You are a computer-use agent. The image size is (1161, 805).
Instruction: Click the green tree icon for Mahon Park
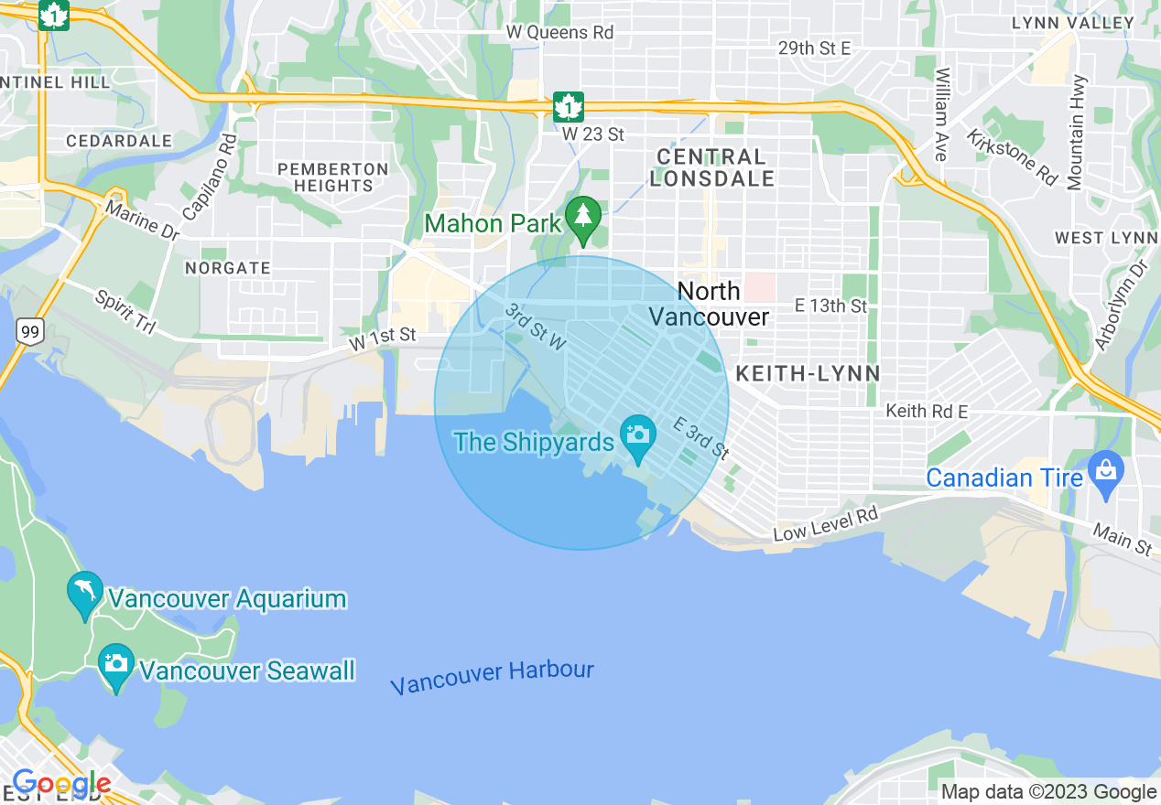[x=582, y=218]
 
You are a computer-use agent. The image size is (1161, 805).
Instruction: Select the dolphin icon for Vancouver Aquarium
[x=85, y=592]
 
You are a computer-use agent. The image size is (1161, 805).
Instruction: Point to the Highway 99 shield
[x=30, y=333]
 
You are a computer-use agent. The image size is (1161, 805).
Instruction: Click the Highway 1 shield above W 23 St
[x=569, y=106]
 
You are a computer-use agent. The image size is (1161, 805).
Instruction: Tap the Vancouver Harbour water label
[x=492, y=678]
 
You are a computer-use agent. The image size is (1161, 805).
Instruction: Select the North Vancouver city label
[x=710, y=304]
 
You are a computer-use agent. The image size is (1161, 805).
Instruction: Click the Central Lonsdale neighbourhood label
[x=712, y=167]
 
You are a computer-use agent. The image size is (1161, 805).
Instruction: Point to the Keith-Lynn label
[x=808, y=373]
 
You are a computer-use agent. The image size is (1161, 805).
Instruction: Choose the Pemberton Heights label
[x=333, y=177]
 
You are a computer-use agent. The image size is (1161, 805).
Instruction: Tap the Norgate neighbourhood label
[x=228, y=268]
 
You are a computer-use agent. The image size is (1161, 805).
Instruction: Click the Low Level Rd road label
[x=825, y=524]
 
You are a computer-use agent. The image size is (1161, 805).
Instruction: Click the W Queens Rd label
[x=559, y=32]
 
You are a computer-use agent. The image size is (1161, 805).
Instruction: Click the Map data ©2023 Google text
[x=1049, y=792]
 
